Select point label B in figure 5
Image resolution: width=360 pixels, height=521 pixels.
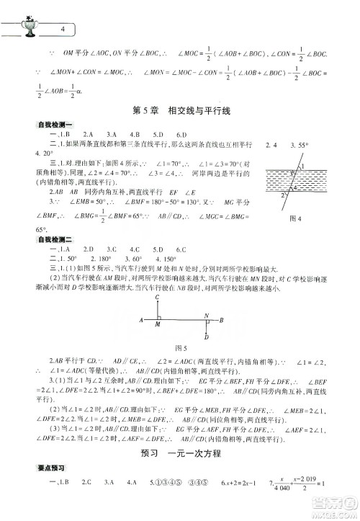coord(242,319)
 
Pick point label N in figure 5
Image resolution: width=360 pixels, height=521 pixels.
coord(206,315)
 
